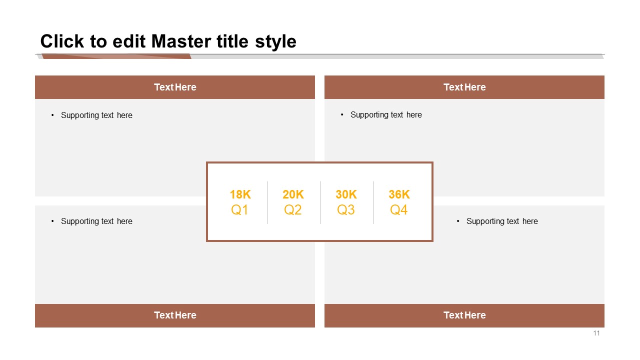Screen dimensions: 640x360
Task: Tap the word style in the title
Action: [x=275, y=42]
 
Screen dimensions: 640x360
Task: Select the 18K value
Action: [x=240, y=194]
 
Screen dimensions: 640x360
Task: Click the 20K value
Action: [x=293, y=194]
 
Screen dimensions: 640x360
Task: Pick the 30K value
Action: [x=346, y=194]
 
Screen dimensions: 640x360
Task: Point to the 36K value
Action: [x=399, y=194]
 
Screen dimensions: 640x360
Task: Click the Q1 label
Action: [x=239, y=210]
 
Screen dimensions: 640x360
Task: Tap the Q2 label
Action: [x=293, y=210]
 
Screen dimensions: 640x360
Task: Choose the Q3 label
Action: [x=345, y=210]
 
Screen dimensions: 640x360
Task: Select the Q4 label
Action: [x=399, y=210]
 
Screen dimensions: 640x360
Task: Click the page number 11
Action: [x=596, y=333]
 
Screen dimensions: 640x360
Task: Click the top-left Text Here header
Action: [x=175, y=87]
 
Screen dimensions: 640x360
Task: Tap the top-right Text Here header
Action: [x=464, y=87]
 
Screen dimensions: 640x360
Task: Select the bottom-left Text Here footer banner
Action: [x=175, y=315]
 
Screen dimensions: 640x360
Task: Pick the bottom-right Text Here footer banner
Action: [x=464, y=315]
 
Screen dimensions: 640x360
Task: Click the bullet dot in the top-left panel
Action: [x=52, y=115]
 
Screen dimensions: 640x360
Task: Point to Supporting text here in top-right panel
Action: [x=386, y=115]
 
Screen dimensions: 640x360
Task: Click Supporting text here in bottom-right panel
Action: [x=502, y=221]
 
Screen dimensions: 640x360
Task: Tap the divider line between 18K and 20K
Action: [x=267, y=202]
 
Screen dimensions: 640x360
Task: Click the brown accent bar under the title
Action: [x=116, y=56]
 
